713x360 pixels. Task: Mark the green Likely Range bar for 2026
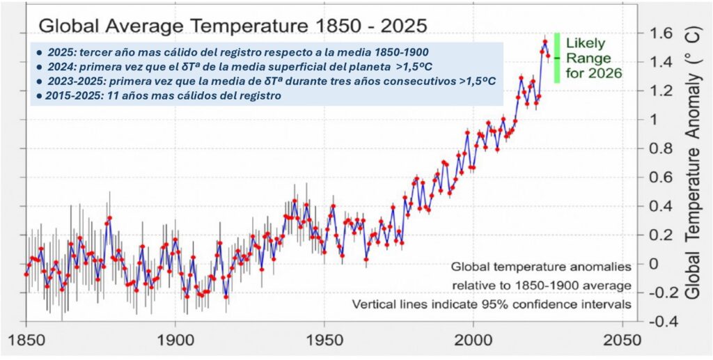coord(557,58)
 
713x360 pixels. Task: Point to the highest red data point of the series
coord(544,42)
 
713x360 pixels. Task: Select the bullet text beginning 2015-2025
coord(157,96)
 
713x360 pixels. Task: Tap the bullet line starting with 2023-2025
coord(264,81)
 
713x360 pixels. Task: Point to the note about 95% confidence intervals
coord(491,304)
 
